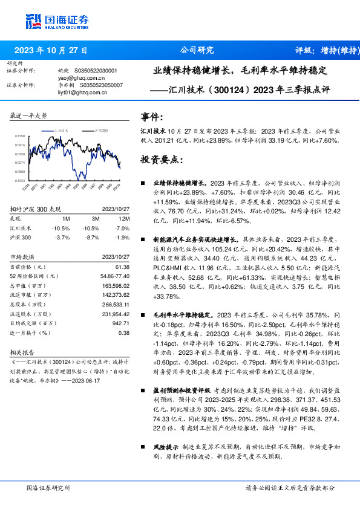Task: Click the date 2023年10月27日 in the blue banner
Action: tap(51, 51)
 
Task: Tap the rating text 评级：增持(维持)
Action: tap(324, 51)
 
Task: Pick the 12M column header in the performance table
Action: tap(125, 218)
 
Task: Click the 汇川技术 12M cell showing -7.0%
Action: tap(123, 228)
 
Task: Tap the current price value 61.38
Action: tap(123, 267)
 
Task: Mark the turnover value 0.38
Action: tap(124, 332)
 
